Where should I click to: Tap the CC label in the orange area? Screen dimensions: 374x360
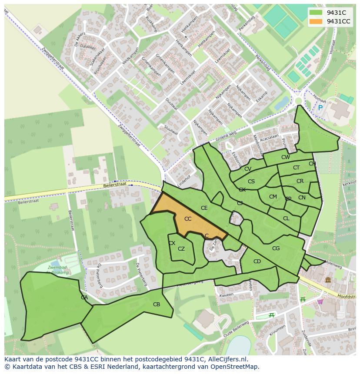(188, 219)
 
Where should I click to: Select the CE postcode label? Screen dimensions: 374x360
(204, 208)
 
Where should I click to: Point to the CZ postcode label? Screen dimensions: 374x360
(181, 249)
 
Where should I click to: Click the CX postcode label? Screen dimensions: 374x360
(172, 243)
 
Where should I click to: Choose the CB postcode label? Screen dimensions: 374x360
(157, 304)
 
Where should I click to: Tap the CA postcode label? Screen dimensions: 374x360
(84, 298)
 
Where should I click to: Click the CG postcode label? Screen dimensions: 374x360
(276, 248)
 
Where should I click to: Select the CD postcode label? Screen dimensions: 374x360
(257, 261)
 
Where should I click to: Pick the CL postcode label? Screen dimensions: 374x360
(286, 218)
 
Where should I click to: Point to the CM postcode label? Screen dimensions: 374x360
(273, 197)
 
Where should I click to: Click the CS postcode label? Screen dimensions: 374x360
(251, 182)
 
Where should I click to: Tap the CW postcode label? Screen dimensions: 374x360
(285, 157)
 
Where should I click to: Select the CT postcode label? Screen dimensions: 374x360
(296, 168)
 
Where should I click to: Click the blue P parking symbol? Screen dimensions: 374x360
(320, 108)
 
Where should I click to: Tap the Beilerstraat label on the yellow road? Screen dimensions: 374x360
(115, 185)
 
